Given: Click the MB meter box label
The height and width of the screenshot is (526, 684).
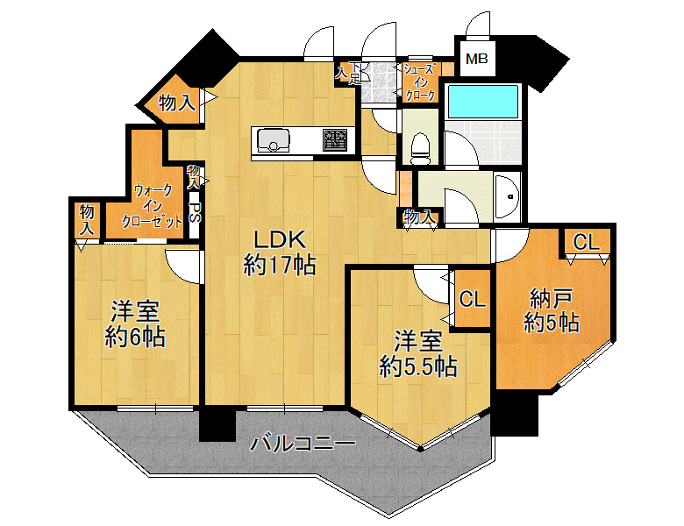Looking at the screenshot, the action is coord(476,59).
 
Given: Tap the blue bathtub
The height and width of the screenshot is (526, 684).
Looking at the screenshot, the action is coord(483,102).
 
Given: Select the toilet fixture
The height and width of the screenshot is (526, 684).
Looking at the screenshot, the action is coord(421,147).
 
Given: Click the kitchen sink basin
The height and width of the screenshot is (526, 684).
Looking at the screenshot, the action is coord(274,140).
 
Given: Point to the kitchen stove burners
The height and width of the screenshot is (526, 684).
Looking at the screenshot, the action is coord(336,139).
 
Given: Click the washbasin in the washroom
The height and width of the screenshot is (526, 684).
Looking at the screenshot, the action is coord(509,196).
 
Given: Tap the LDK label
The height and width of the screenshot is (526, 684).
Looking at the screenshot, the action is coord(279,239).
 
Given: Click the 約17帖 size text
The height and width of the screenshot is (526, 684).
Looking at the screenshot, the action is coord(280,265).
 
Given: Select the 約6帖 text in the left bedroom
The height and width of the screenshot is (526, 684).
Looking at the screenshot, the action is coord(135,337).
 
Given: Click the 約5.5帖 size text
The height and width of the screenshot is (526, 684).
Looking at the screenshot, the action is coord(418,366).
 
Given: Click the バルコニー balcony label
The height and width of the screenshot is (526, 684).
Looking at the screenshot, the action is coord(303,444).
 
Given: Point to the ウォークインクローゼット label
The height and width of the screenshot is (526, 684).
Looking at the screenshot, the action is coord(153,206).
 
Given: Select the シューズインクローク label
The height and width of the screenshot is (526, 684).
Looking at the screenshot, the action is coord(420,82).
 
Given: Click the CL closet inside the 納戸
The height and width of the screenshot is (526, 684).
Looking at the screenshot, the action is coord(586,242).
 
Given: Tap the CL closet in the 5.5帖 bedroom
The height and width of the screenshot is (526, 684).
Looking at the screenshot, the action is coord(473,299).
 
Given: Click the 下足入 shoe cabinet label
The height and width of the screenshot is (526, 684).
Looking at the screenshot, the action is coord(349,74).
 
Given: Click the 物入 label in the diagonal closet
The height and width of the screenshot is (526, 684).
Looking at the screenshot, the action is coord(176,103).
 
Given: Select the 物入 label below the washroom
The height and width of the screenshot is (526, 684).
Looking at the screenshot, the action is coord(420,216).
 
